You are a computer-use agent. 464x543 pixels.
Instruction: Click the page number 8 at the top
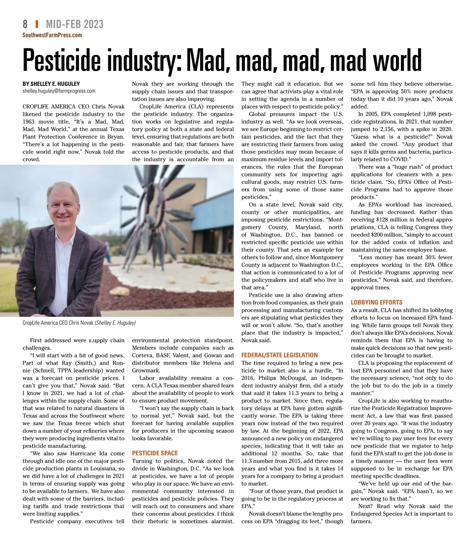tap(25, 24)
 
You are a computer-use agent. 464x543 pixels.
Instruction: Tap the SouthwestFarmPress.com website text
tap(52, 35)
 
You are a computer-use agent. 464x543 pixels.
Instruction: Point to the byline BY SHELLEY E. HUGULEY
tap(52, 84)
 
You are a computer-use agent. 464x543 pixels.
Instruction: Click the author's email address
tap(59, 91)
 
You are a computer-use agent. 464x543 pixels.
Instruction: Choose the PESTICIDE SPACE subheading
tap(155, 453)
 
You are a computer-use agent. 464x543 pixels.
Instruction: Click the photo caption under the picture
tap(79, 323)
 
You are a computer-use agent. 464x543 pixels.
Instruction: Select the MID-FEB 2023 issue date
tap(75, 24)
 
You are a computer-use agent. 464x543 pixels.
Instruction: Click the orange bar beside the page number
tap(36, 24)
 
